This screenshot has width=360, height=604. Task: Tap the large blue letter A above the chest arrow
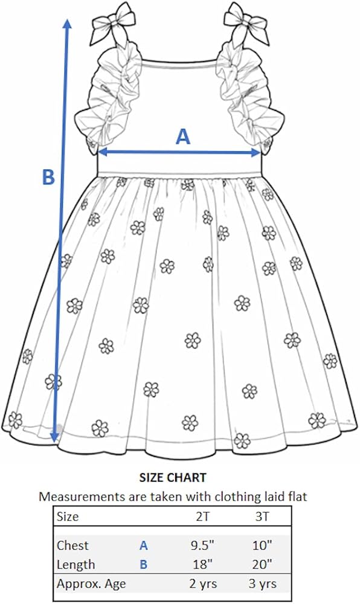point(183,137)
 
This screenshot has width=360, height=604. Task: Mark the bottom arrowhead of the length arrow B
point(55,436)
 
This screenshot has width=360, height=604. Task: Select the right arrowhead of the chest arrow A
point(256,153)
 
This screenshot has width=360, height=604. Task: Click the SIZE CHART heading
point(173,478)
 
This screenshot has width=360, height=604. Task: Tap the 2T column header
point(202,516)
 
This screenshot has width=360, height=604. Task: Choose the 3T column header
point(263,516)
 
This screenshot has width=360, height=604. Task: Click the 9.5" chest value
point(202,545)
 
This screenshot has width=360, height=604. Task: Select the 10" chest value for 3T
point(263,545)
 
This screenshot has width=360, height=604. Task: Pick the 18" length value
point(202,564)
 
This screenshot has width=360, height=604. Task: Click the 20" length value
point(263,564)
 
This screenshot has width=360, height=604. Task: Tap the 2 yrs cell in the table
point(203,583)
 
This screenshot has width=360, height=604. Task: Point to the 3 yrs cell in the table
point(263,583)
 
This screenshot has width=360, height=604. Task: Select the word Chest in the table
point(72,545)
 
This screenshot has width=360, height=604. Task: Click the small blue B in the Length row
point(144,565)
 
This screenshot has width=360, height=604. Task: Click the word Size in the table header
point(68,516)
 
